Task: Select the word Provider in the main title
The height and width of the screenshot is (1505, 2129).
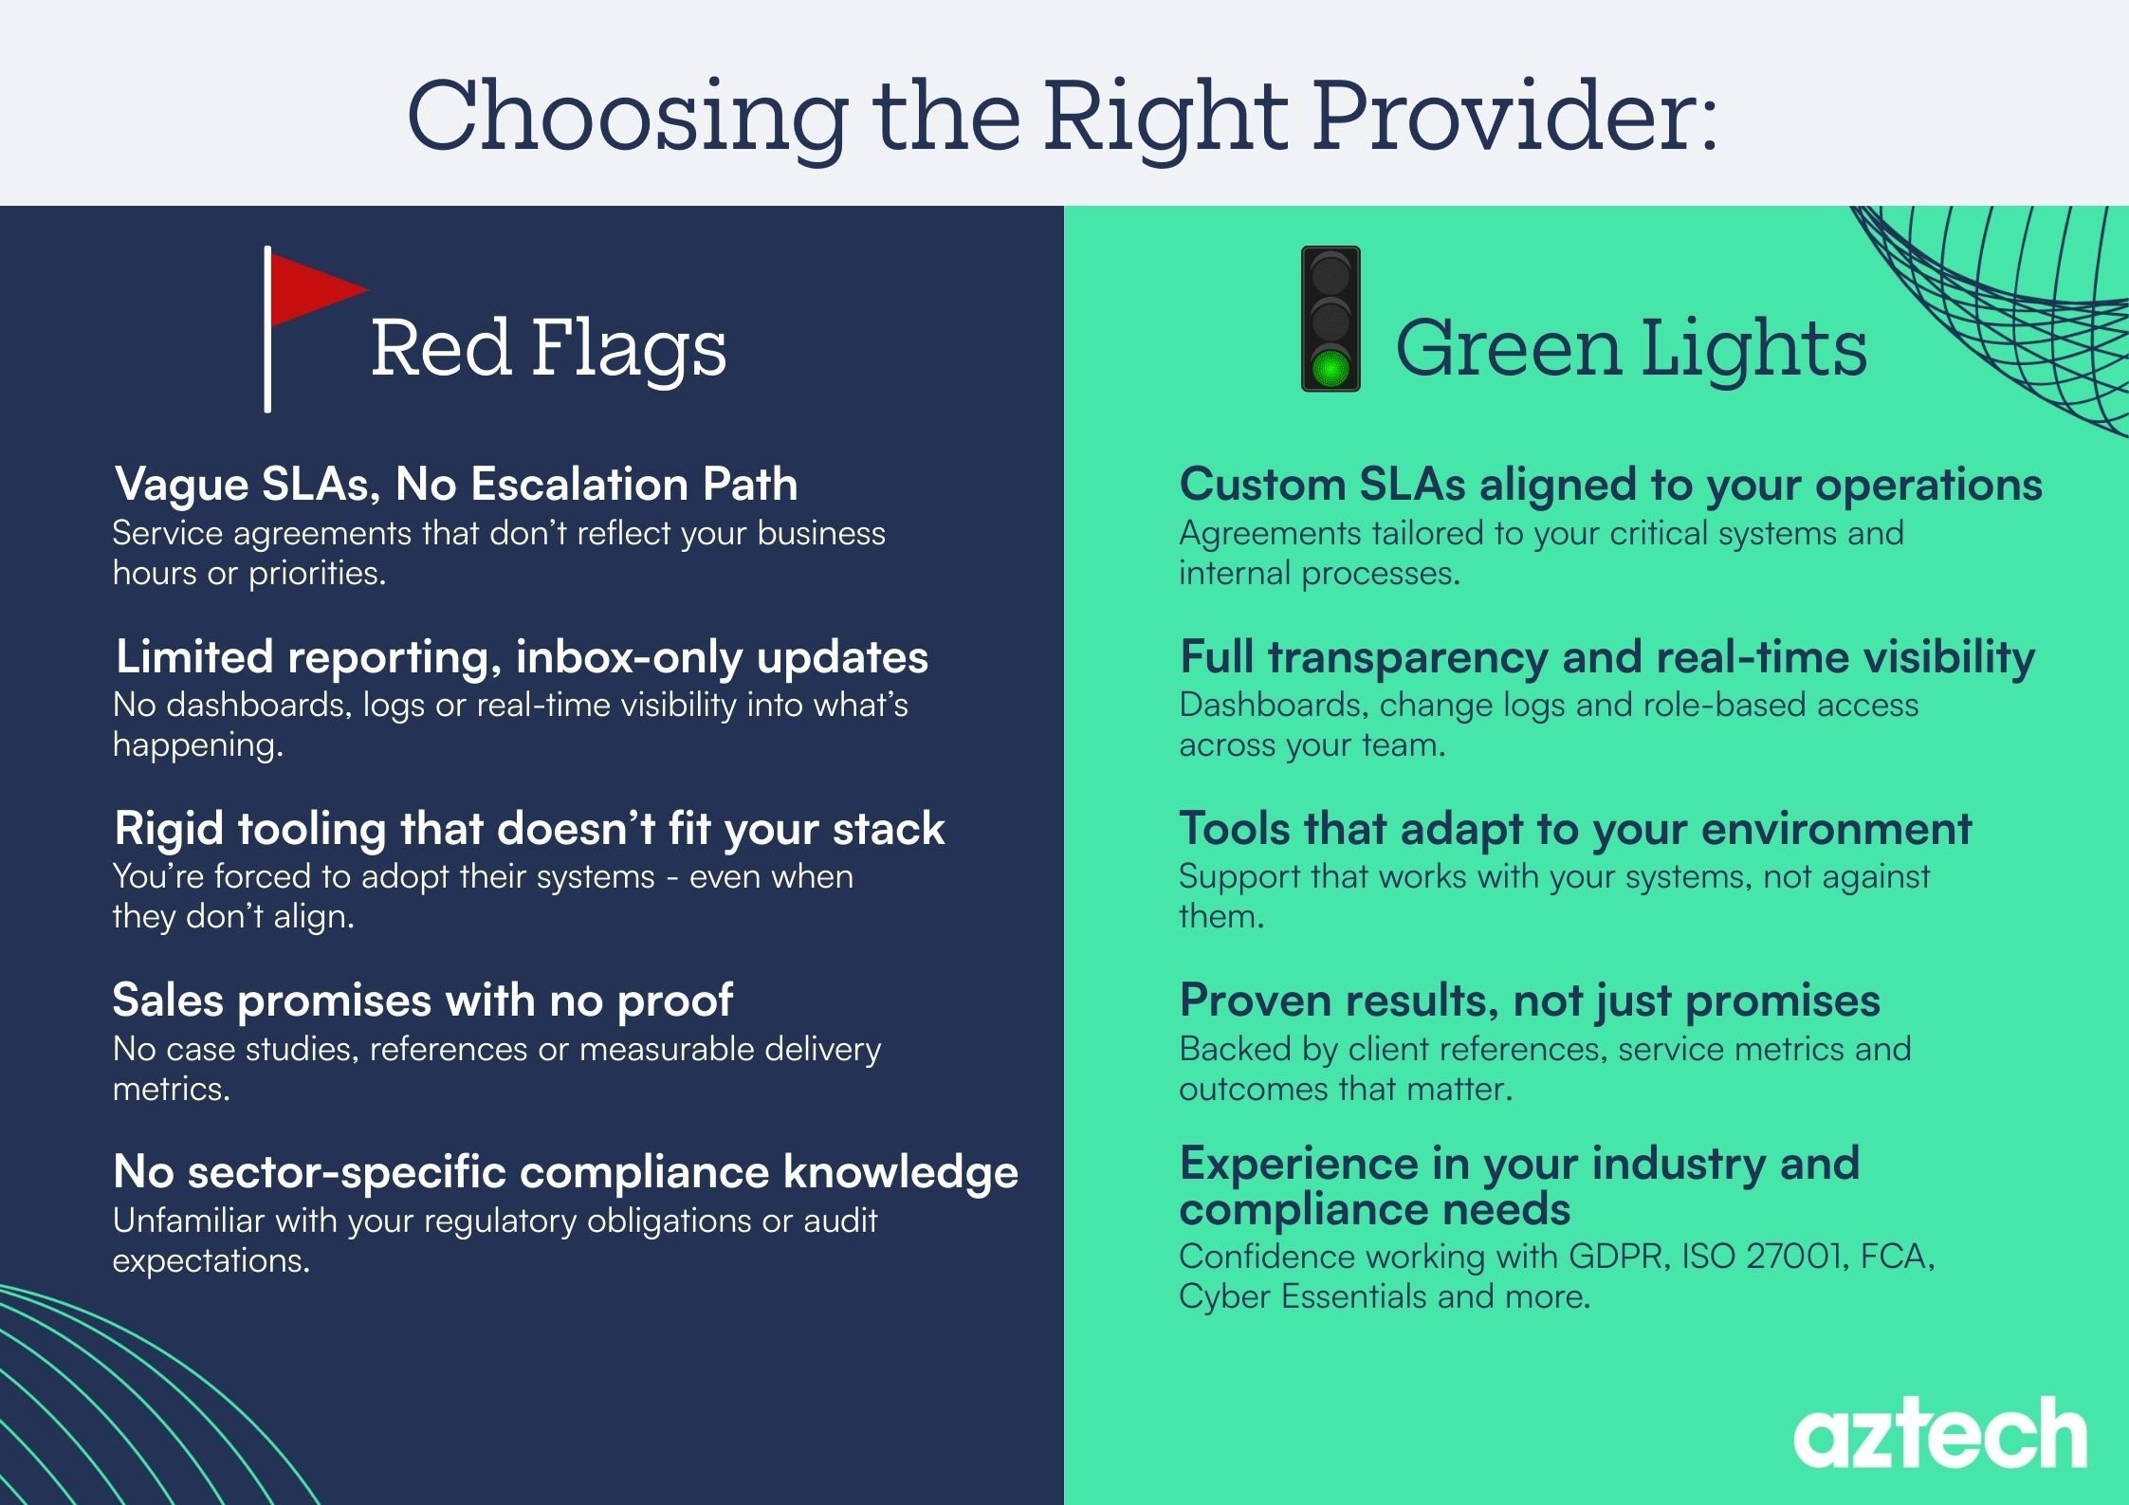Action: pos(1515,116)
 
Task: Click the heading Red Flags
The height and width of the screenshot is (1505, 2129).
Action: pos(548,349)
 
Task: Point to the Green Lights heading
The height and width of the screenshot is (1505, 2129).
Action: pos(1630,349)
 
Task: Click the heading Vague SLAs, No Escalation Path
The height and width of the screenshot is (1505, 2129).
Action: pos(455,485)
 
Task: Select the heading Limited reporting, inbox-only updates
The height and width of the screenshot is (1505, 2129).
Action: pos(522,657)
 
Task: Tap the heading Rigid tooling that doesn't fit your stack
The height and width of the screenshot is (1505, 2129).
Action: pos(529,829)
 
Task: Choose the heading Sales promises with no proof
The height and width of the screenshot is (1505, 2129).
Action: pos(423,1000)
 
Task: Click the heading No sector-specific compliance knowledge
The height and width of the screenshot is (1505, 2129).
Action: pos(565,1172)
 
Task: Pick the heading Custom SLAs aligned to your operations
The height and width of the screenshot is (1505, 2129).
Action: pos(1610,485)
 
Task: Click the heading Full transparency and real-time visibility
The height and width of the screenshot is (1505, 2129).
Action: pos(1607,657)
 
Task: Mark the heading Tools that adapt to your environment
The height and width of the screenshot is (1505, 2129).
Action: pos(1575,829)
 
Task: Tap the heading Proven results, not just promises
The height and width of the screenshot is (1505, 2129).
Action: pos(1530,1000)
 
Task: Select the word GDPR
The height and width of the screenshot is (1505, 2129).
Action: pos(1616,1257)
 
